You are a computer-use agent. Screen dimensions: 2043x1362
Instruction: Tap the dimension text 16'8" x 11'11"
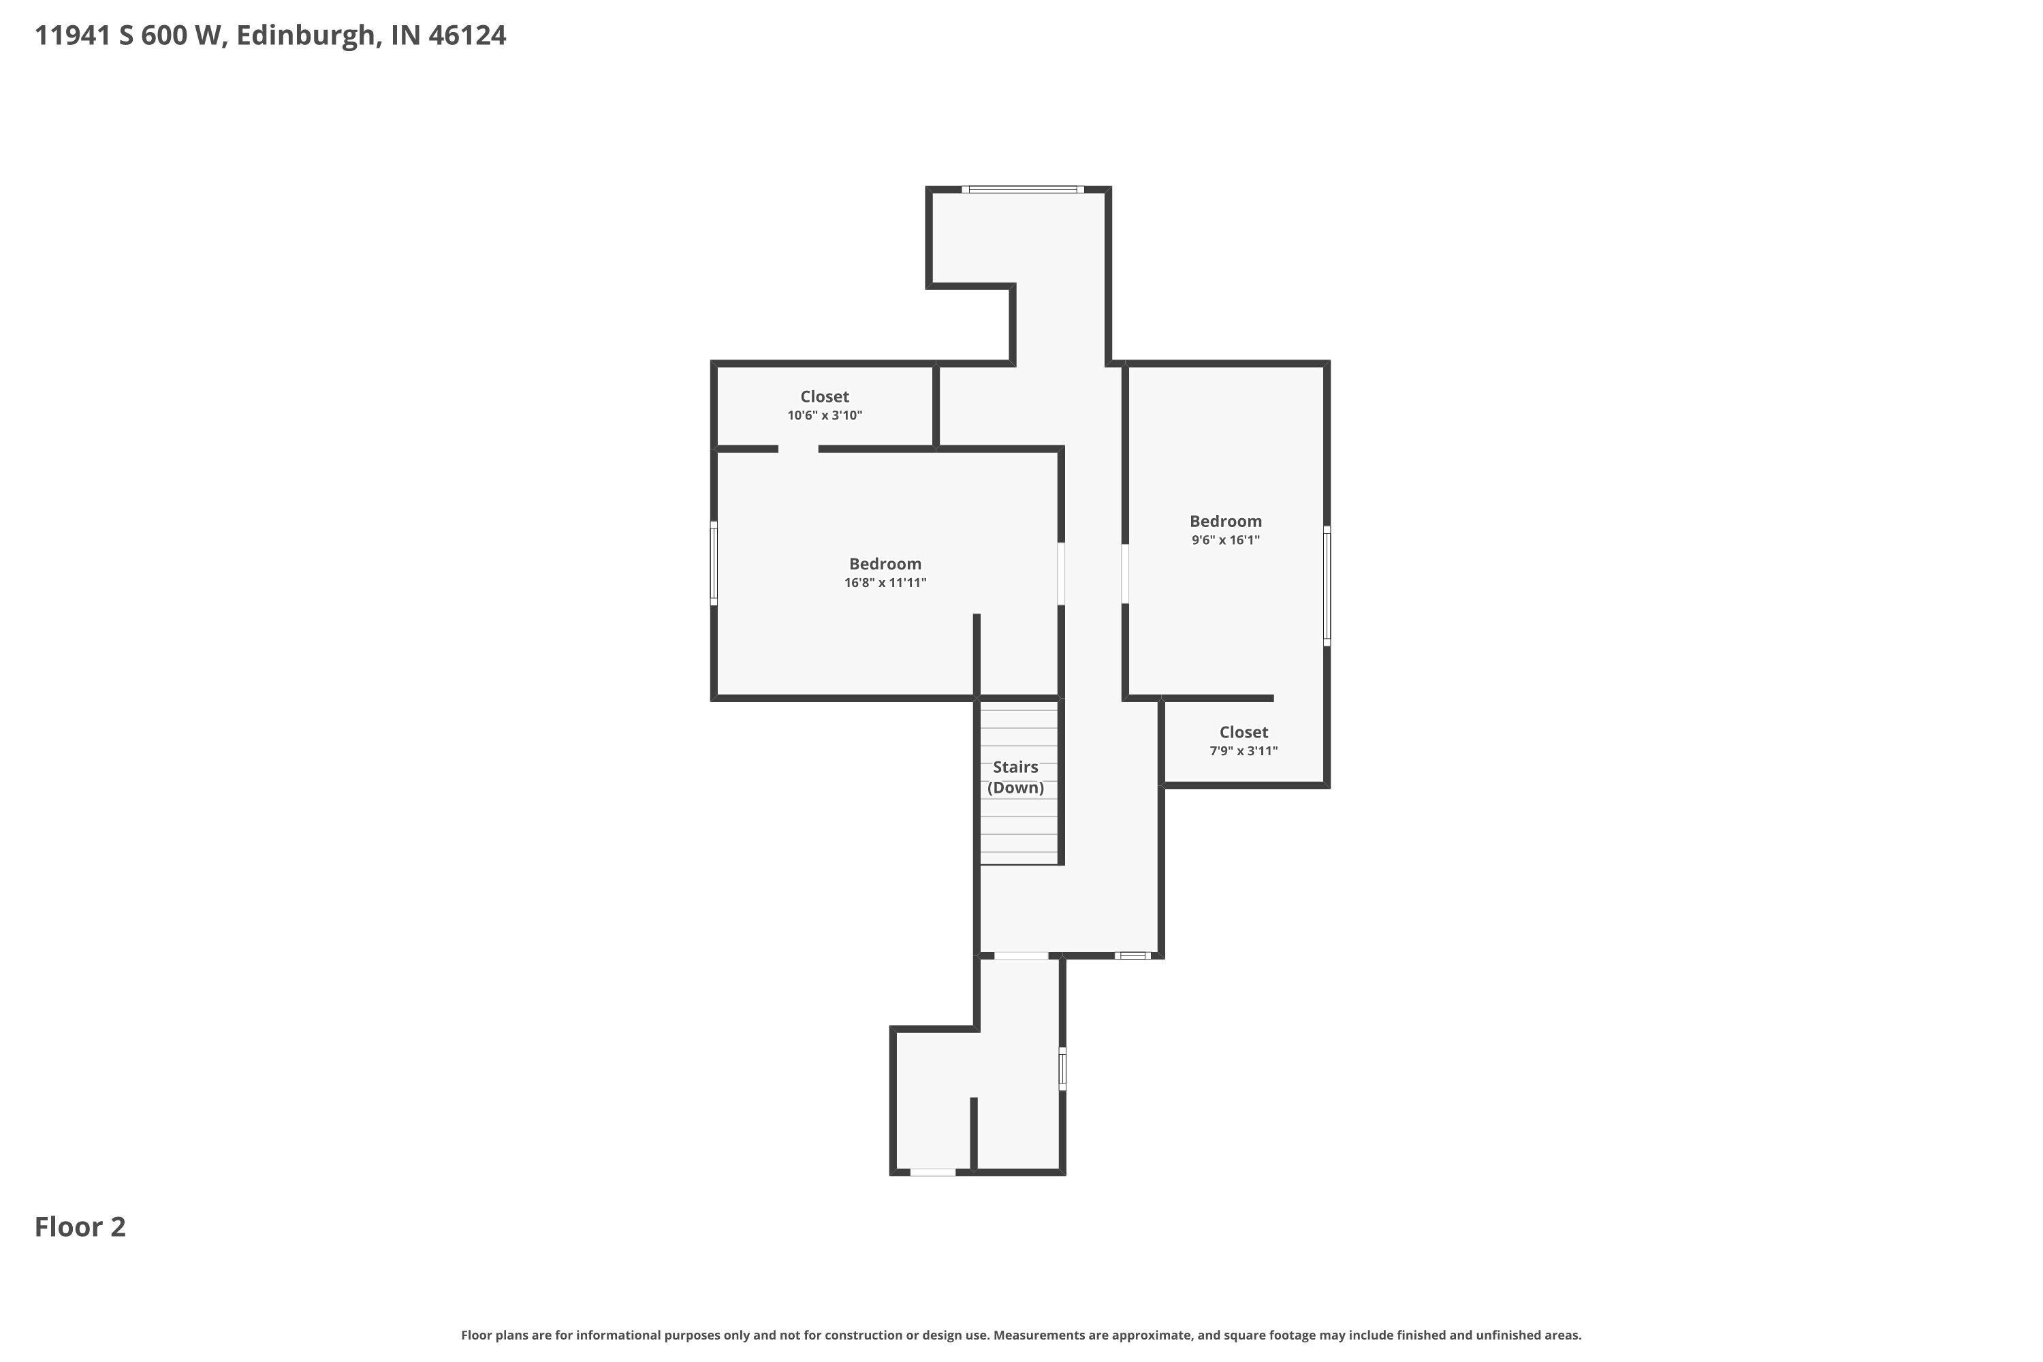click(885, 583)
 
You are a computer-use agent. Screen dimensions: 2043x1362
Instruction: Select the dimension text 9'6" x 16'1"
click(1226, 540)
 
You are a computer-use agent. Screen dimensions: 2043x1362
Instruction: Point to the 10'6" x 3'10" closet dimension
click(824, 415)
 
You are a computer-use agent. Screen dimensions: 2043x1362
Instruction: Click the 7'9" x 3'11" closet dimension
click(1244, 751)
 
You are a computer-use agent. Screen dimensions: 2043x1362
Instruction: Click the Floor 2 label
click(80, 1226)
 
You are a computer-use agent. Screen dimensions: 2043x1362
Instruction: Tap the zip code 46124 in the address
click(467, 35)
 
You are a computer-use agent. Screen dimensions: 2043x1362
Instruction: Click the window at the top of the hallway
click(1022, 189)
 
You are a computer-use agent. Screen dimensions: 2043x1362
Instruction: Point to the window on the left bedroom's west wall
click(714, 563)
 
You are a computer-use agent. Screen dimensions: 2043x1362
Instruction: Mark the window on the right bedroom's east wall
click(1327, 586)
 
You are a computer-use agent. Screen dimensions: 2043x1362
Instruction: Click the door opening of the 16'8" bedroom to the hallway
click(1060, 573)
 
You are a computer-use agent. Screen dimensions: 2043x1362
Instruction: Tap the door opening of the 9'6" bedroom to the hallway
click(1125, 573)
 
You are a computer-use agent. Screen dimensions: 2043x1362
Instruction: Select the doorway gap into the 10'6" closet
click(797, 449)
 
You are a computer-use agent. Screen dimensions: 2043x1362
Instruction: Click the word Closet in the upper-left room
click(824, 397)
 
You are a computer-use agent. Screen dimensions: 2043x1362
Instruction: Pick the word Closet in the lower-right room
click(1244, 732)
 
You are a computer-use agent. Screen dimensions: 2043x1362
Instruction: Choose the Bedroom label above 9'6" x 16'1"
click(1226, 521)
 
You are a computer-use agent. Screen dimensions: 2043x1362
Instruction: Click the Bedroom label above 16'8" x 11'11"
click(885, 564)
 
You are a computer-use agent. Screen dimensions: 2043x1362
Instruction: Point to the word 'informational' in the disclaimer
click(618, 1335)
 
